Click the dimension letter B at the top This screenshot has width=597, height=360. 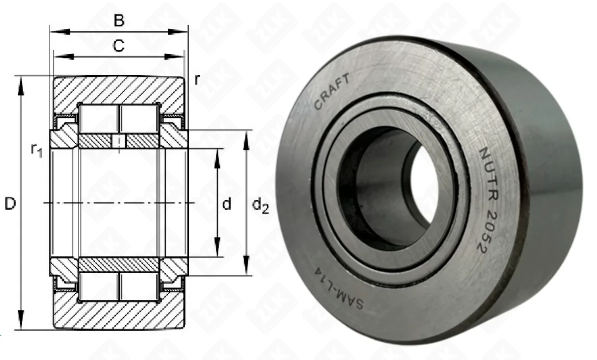119,20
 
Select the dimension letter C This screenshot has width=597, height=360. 118,46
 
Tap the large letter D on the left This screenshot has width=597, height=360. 10,204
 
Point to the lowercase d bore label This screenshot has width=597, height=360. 227,204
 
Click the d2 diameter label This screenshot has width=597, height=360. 260,206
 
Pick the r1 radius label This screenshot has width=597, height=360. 37,150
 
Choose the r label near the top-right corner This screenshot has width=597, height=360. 197,79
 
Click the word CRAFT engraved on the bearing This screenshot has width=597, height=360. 332,91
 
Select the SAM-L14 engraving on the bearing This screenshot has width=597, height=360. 339,288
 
